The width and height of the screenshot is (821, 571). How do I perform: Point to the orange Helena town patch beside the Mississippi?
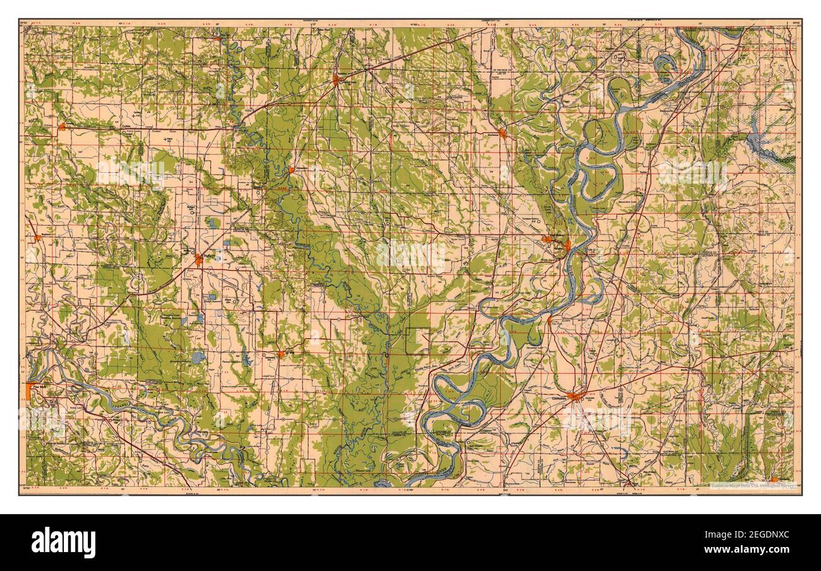tap(567, 245)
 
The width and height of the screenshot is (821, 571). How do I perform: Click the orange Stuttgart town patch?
tap(199, 259)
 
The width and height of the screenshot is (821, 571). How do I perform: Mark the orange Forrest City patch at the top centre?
tap(337, 80)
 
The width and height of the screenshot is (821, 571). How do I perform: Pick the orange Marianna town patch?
tap(503, 133)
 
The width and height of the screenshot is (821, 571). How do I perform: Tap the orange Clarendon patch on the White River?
tap(291, 170)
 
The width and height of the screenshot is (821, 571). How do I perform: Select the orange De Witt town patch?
tap(280, 354)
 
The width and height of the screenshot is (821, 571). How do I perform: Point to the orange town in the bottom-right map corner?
tap(773, 480)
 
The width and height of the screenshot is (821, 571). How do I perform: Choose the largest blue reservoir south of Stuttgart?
tap(198, 358)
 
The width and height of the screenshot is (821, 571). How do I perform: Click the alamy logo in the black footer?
tap(63, 542)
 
